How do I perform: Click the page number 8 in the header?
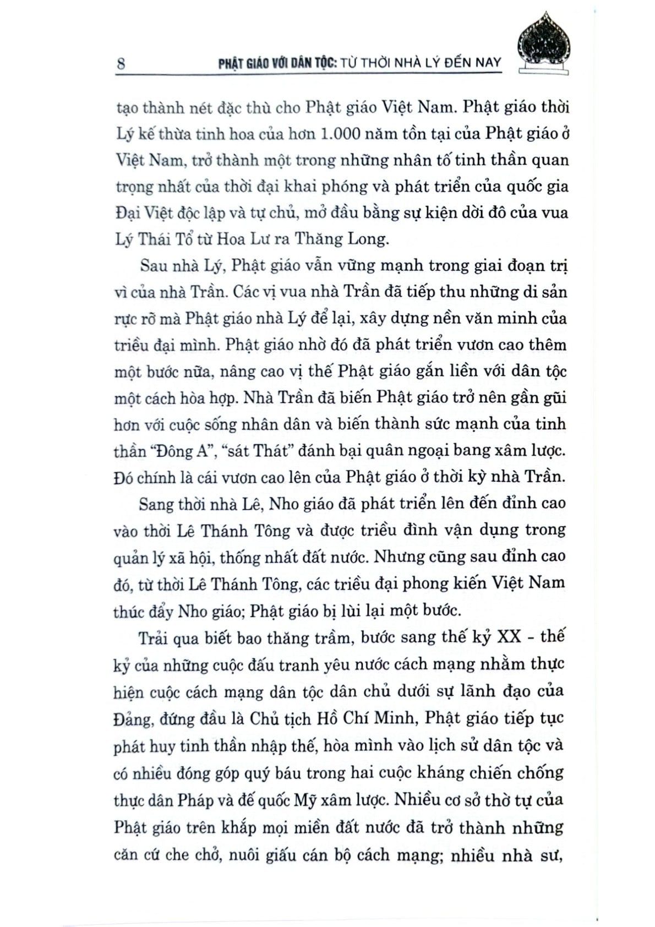[x=121, y=63]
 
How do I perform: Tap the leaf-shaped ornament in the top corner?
[x=544, y=43]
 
